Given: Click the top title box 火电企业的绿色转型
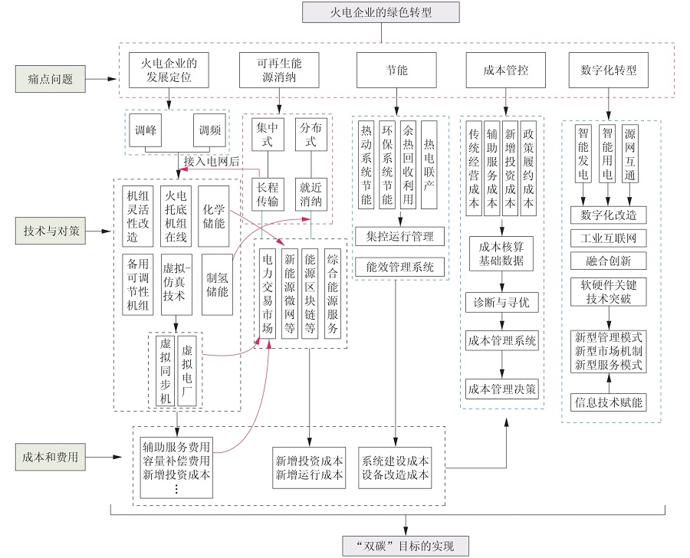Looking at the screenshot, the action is tap(380, 12).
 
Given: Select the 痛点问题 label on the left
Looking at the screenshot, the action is tap(50, 79).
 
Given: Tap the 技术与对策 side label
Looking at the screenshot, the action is tap(50, 231).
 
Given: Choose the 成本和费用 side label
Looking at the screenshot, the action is tap(50, 458).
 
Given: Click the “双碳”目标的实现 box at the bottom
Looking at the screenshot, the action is tap(406, 546).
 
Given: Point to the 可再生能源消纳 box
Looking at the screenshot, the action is tap(279, 71).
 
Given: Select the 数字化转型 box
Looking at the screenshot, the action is tap(608, 71).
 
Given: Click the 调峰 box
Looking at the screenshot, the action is tap(145, 130).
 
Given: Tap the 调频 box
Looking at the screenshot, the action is tap(209, 130).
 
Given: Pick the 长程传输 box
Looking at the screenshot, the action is tap(268, 195).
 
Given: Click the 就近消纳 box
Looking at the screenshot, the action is tap(310, 195).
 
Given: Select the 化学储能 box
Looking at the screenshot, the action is tap(213, 216).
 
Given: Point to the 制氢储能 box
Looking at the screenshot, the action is tap(217, 284).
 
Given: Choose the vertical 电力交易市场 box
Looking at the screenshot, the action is tap(268, 294).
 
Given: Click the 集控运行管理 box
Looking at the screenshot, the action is tap(399, 237).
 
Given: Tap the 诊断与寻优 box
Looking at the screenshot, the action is tap(501, 303).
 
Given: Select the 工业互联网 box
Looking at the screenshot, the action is tap(608, 238).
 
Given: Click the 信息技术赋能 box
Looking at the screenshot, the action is tap(608, 402).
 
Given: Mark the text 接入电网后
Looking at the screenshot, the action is tap(212, 161).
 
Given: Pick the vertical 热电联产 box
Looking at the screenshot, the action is tap(429, 165).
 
